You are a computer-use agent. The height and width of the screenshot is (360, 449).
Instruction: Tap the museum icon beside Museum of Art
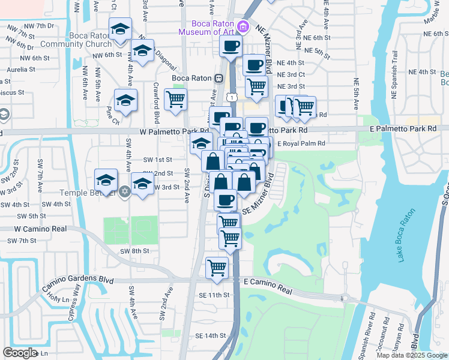click(x=243, y=26)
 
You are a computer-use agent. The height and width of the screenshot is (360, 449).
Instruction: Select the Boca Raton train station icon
click(x=220, y=79)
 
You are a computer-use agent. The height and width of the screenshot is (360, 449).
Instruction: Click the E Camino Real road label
click(x=268, y=289)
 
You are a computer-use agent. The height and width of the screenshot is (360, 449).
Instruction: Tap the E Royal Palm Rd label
click(x=301, y=143)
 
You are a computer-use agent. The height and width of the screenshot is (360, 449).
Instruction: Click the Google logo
click(x=20, y=353)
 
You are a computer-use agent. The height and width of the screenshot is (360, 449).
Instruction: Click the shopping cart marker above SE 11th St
click(x=217, y=266)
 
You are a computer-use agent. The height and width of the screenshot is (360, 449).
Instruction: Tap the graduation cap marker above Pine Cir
click(x=126, y=100)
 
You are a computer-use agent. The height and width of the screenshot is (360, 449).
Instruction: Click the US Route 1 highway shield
click(x=231, y=96)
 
